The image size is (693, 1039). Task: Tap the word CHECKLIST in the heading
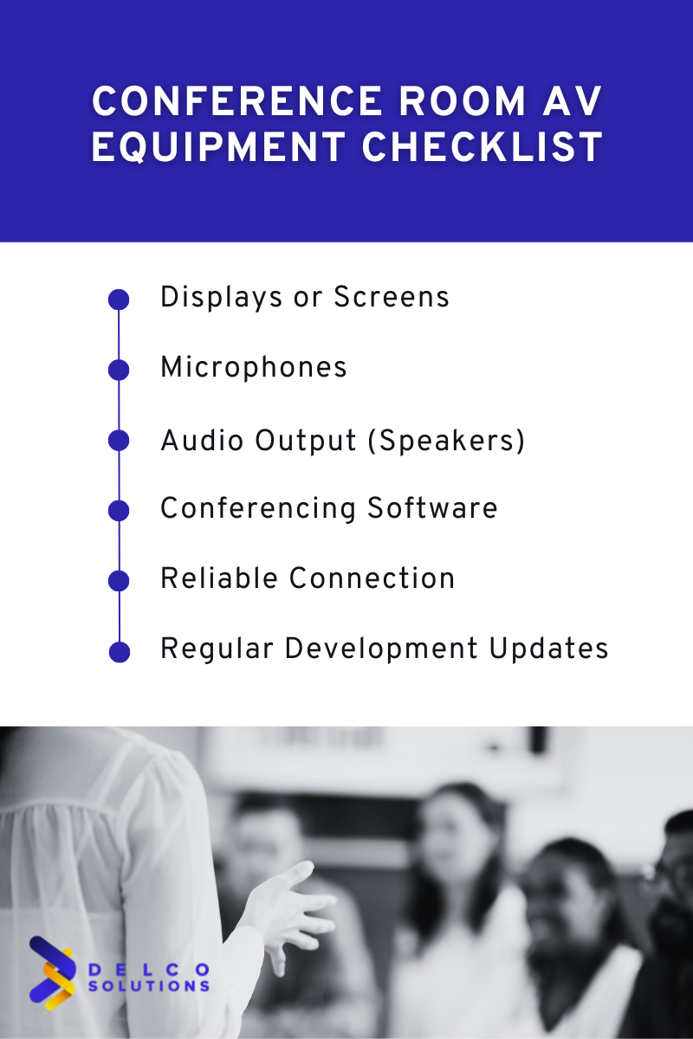pyautogui.click(x=483, y=147)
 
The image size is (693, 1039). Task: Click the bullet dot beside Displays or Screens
pyautogui.click(x=119, y=300)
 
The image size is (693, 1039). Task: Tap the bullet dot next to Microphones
pyautogui.click(x=119, y=370)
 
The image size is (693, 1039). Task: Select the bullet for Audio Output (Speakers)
pyautogui.click(x=119, y=440)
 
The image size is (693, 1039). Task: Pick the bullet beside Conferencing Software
pyautogui.click(x=119, y=511)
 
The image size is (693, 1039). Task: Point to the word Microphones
pyautogui.click(x=254, y=368)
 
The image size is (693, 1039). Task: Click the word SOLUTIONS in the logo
pyautogui.click(x=148, y=985)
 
